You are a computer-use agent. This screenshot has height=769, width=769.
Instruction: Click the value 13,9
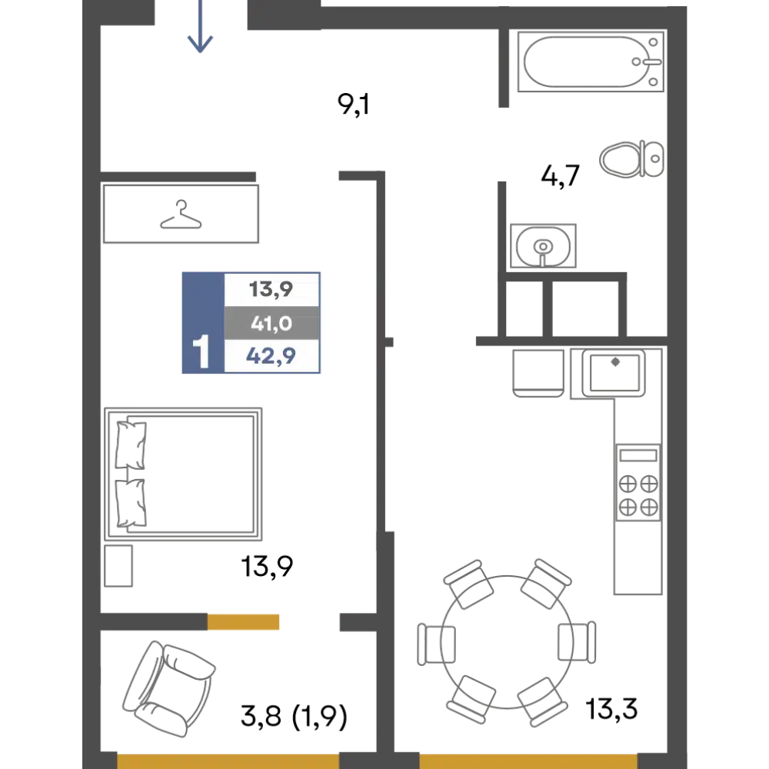tap(271, 290)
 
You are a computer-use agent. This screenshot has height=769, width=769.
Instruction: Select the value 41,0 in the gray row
tap(271, 324)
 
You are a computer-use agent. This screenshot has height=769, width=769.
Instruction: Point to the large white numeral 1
tap(201, 352)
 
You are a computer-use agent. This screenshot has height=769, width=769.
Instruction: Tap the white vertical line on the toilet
tap(641, 159)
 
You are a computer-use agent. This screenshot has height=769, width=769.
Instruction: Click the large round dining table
tap(504, 641)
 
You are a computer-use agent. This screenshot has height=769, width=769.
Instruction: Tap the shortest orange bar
tap(273, 621)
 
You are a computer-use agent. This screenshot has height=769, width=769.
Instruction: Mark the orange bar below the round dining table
tap(528, 760)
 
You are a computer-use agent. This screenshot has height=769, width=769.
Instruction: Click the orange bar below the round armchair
tap(228, 760)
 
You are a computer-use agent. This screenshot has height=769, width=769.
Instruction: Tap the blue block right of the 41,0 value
tap(347, 323)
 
